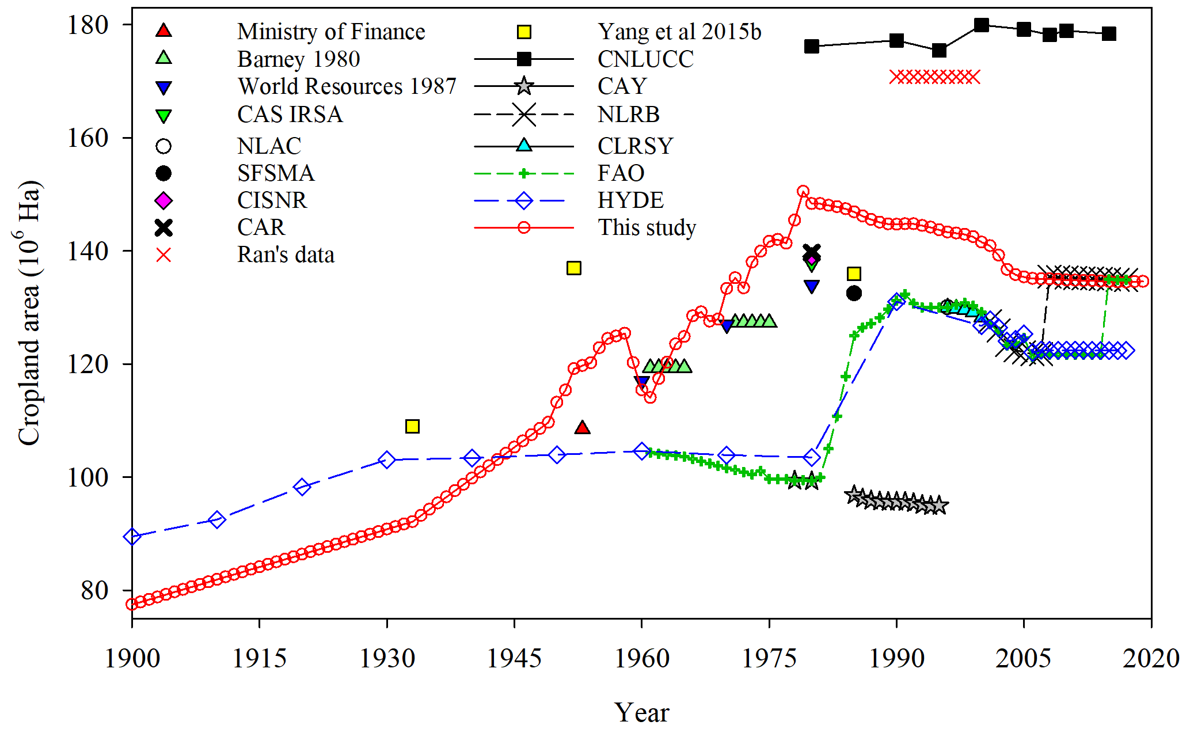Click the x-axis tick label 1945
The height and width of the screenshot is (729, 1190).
[514, 658]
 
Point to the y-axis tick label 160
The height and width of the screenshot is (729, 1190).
[88, 138]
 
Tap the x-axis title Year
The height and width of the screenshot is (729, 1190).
[641, 713]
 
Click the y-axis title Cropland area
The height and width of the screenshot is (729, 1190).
[29, 313]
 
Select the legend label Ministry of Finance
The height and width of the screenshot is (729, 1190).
[331, 32]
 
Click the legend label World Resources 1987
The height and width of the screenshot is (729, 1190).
[347, 86]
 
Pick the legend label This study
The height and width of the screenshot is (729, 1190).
[647, 227]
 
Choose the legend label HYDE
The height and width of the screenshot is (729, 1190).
[630, 200]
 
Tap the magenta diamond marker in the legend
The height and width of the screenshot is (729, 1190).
[164, 200]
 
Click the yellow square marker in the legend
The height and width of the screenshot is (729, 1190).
[524, 32]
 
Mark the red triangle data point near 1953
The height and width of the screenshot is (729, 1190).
[582, 427]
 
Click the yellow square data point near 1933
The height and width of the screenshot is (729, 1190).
[412, 426]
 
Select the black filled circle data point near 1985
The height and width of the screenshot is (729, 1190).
[854, 293]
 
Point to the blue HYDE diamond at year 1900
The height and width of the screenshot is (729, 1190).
[132, 537]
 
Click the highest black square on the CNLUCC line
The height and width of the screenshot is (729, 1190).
[982, 25]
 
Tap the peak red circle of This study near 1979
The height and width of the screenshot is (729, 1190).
[803, 191]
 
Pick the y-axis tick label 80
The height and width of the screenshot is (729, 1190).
[94, 591]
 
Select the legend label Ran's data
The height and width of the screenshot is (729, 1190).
[286, 255]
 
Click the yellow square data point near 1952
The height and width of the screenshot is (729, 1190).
[574, 268]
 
